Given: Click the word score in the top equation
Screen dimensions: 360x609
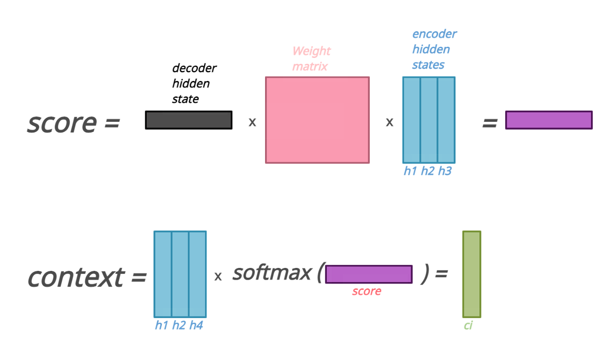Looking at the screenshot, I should point(61,123).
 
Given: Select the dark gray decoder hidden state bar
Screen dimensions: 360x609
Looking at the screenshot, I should point(189,120).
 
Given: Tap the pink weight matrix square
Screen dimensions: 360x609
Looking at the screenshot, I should point(317,120).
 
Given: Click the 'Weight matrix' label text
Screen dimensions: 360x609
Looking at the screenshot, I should point(311,58).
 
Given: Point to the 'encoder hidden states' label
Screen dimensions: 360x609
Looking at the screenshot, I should point(434,49).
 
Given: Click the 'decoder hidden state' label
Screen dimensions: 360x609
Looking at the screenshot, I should point(193,83).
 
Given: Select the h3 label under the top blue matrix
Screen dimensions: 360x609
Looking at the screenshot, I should point(445,171).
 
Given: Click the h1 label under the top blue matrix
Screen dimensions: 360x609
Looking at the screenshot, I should point(410,171).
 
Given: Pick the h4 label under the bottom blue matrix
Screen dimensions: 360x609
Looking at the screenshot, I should point(196,325).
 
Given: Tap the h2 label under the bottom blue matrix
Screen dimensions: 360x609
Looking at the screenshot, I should point(179,325).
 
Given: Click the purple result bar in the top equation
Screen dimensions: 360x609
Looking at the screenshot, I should point(549,120).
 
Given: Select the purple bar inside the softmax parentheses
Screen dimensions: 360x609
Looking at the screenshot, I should point(368,274).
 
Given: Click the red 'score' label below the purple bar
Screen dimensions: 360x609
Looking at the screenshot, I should point(366,291).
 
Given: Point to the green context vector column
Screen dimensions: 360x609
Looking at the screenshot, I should point(471,274).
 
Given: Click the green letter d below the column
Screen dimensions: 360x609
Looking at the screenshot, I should point(468,325).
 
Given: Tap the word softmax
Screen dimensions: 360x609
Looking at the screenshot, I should point(271,272).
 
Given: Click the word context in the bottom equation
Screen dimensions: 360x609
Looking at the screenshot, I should point(76,277).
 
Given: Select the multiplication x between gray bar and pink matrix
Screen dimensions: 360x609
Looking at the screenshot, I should point(252,122).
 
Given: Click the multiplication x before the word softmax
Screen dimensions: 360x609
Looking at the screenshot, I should point(218,276).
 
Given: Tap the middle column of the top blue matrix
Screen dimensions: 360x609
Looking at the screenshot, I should point(429,120).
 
